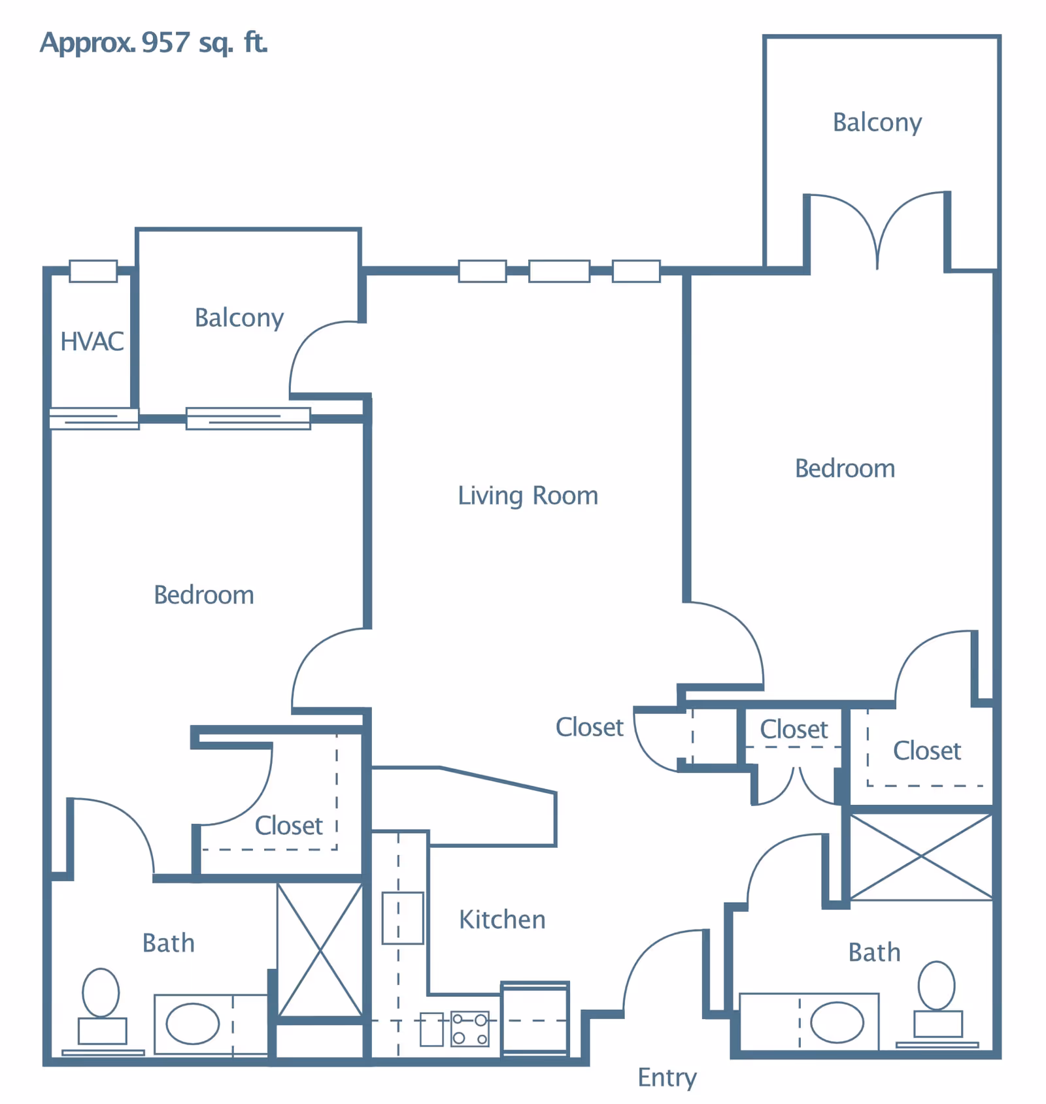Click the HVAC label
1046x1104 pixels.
tap(92, 341)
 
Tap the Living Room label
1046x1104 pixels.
tap(528, 496)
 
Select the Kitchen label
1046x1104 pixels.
tap(502, 919)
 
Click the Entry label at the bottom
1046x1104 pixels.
tap(667, 1077)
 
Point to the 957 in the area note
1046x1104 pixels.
tap(165, 42)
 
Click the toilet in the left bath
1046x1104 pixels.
tap(101, 1006)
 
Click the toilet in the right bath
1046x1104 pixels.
tap(937, 999)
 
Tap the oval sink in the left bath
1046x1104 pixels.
tap(193, 1024)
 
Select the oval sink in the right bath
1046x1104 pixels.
tap(837, 1022)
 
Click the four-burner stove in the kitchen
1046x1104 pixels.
tap(470, 1029)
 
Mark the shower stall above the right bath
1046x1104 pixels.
tap(921, 856)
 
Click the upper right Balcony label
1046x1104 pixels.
tap(877, 123)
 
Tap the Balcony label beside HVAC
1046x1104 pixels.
tap(239, 318)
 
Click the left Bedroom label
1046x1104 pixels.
tap(204, 595)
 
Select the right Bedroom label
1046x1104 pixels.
tap(845, 468)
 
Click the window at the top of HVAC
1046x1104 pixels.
tap(93, 270)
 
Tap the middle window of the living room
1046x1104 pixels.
tap(559, 270)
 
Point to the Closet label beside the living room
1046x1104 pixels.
tap(590, 727)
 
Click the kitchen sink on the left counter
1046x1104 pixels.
tap(403, 918)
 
